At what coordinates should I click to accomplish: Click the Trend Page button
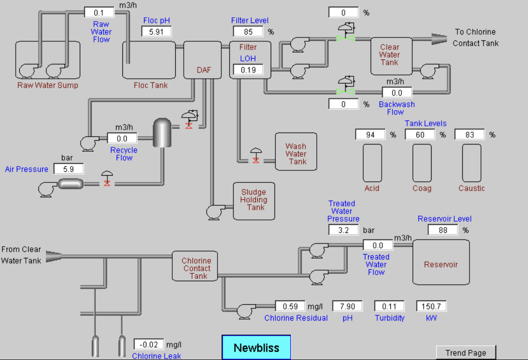pos(466,353)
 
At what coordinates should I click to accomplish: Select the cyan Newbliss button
pos(256,347)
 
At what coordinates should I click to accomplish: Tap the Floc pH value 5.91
pos(156,32)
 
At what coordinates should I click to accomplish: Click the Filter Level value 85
pos(248,32)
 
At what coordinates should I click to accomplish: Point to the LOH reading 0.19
pos(248,70)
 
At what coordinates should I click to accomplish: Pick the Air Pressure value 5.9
pos(69,169)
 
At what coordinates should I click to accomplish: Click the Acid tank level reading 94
pos(370,135)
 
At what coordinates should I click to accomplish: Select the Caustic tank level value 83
pos(469,135)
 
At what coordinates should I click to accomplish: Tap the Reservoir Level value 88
pos(443,230)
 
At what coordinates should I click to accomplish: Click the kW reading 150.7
pos(432,306)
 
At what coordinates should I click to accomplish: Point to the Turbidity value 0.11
pos(389,306)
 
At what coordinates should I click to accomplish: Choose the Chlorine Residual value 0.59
pos(290,306)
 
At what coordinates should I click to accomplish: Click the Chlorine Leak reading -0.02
pos(149,345)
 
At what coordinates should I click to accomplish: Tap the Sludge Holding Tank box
pos(254,201)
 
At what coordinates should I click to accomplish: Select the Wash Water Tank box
pos(296,152)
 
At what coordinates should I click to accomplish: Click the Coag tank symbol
pos(422,163)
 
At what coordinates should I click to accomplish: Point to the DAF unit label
pos(204,70)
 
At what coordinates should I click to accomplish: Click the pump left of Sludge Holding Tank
pos(216,212)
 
